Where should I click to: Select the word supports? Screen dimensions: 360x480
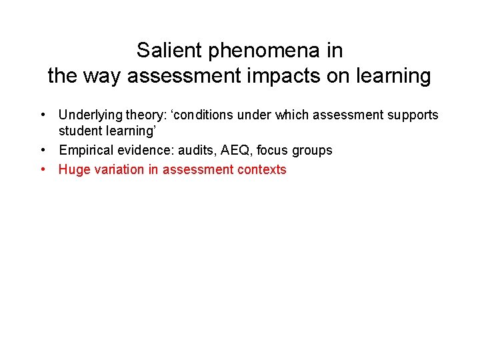pyautogui.click(x=410, y=115)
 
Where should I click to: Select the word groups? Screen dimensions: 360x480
pyautogui.click(x=313, y=151)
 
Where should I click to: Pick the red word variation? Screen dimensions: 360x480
pyautogui.click(x=117, y=170)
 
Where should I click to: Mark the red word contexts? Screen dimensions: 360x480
pyautogui.click(x=263, y=170)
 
